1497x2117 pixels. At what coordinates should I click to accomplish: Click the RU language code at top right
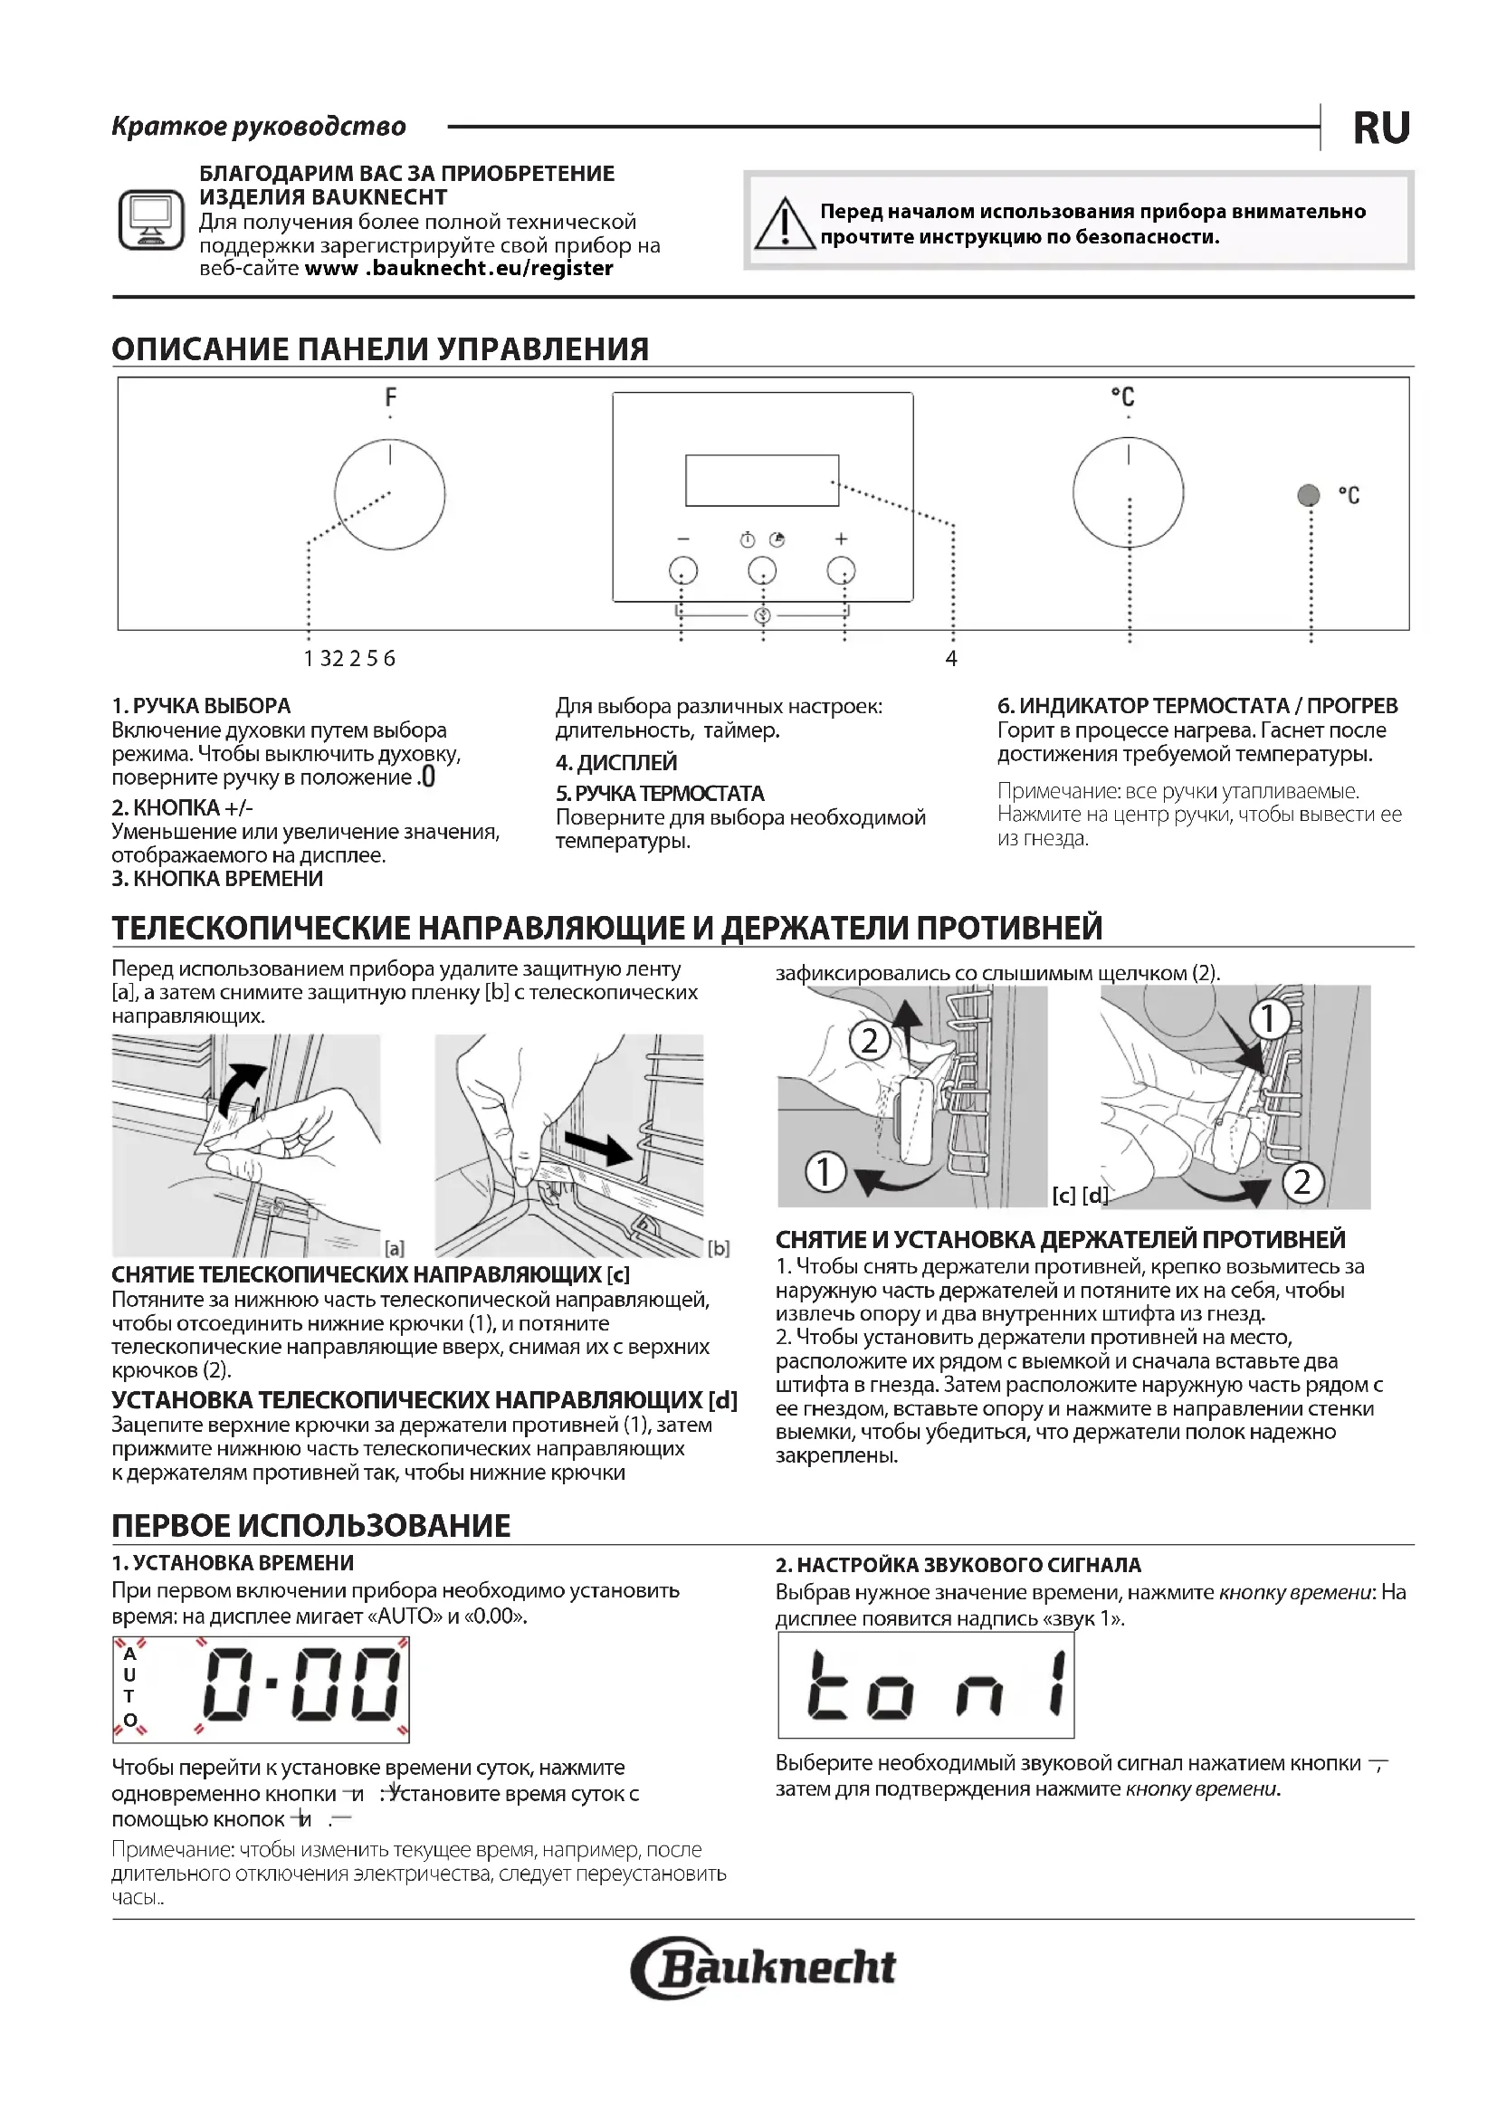pyautogui.click(x=1381, y=129)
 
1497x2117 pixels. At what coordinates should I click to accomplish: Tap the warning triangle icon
pyautogui.click(x=784, y=224)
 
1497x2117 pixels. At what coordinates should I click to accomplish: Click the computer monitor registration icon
pyautogui.click(x=151, y=219)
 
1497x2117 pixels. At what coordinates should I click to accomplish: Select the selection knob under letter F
pyautogui.click(x=390, y=495)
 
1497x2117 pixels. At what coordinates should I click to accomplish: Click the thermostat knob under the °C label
pyautogui.click(x=1129, y=493)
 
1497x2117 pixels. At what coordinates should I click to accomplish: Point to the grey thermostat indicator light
pyautogui.click(x=1308, y=495)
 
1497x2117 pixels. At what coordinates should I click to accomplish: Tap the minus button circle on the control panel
pyautogui.click(x=683, y=571)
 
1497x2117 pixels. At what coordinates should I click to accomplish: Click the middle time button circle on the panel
pyautogui.click(x=762, y=571)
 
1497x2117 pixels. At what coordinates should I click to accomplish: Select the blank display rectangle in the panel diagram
pyautogui.click(x=761, y=481)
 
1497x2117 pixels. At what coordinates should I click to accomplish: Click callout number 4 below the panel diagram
pyautogui.click(x=951, y=658)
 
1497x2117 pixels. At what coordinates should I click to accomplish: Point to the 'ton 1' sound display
pyautogui.click(x=926, y=1685)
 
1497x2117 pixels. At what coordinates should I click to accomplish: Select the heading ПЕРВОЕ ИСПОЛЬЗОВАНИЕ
pyautogui.click(x=310, y=1525)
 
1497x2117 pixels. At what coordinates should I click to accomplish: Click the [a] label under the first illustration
pyautogui.click(x=395, y=1248)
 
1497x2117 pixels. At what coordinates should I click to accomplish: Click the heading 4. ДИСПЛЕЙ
pyautogui.click(x=615, y=762)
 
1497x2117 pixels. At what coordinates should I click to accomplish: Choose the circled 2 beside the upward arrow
pyautogui.click(x=869, y=1042)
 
